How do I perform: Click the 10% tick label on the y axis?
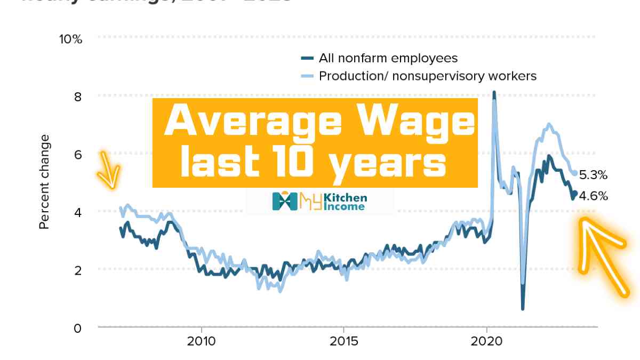click(x=70, y=39)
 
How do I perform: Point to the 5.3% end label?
click(x=593, y=175)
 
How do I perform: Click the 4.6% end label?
click(x=593, y=196)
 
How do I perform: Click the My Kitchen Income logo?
click(x=320, y=201)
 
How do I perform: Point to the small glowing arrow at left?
click(x=109, y=170)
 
